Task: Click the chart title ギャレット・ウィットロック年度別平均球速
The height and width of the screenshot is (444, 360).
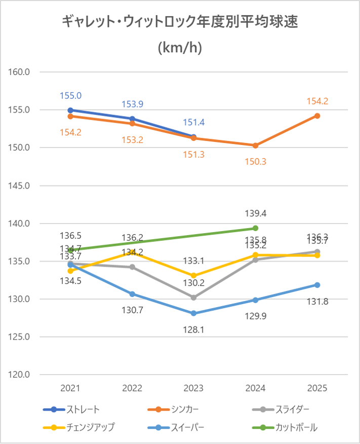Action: (180, 22)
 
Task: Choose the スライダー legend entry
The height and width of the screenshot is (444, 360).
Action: (292, 410)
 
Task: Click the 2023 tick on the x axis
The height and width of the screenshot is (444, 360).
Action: (194, 389)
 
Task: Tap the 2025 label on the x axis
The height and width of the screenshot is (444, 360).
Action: (317, 389)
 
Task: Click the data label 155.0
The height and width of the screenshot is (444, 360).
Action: (70, 95)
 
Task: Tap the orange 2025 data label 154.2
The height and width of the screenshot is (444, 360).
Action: (317, 101)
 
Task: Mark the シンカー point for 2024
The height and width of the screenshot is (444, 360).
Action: (255, 145)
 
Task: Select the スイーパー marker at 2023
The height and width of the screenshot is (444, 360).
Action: (194, 313)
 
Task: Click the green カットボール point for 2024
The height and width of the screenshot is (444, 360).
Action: (255, 228)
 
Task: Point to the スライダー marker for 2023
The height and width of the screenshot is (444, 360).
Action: (194, 298)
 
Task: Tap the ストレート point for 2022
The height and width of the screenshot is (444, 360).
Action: (132, 119)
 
